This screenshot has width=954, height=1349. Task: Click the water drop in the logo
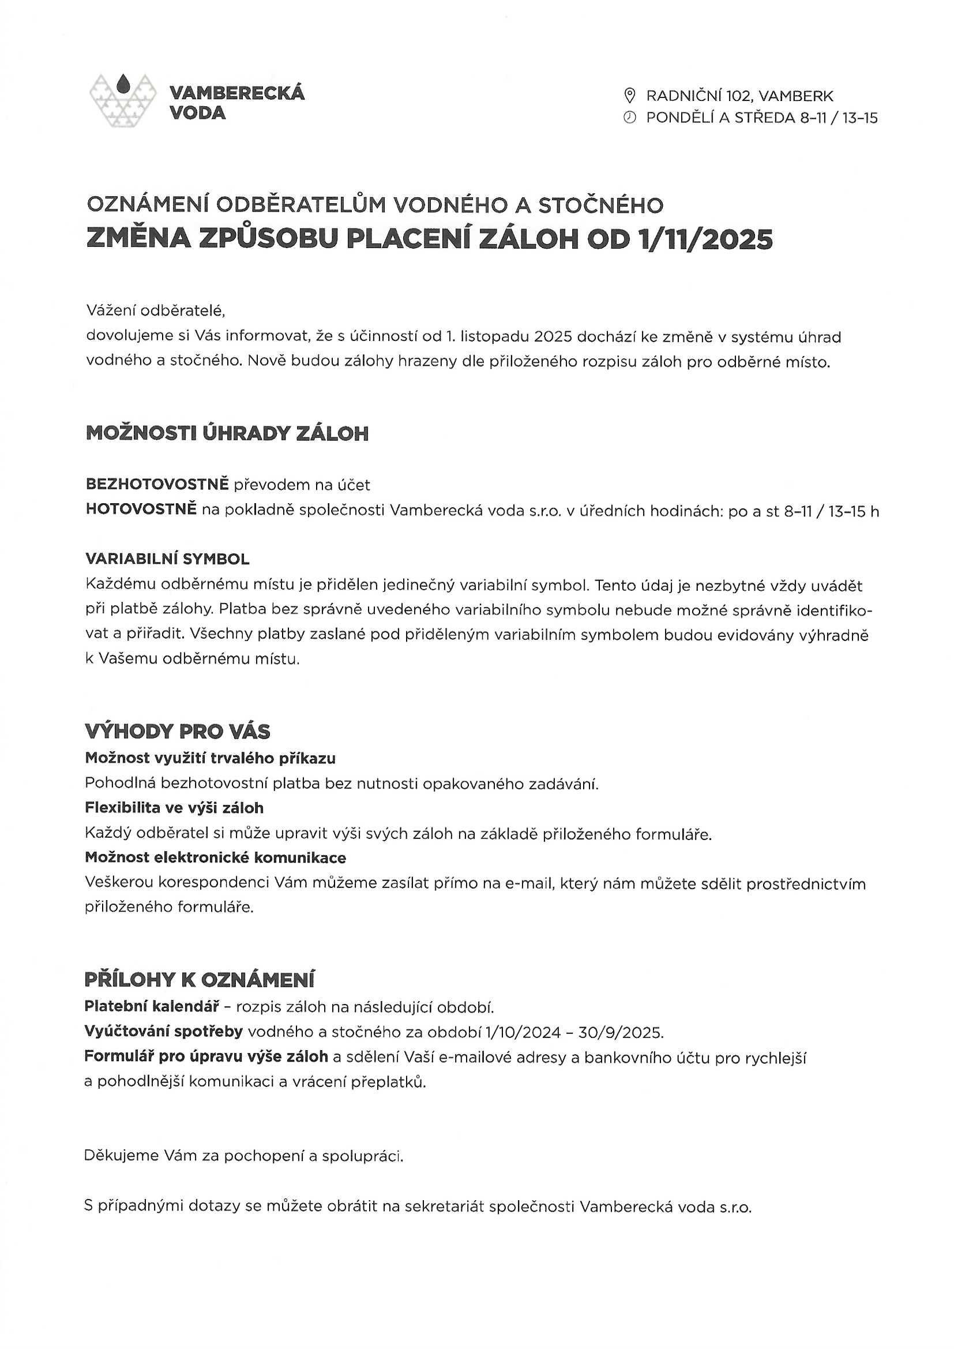[x=123, y=84]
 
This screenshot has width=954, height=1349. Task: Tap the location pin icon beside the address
[x=629, y=95]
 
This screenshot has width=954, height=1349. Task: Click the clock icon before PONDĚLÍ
[x=629, y=118]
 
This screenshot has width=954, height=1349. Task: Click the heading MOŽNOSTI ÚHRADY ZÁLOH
[x=227, y=434]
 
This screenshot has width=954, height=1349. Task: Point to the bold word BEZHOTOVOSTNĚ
[x=157, y=484]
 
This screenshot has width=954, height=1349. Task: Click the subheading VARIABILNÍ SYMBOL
[x=167, y=559]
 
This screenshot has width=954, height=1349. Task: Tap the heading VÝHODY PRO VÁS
[x=178, y=732]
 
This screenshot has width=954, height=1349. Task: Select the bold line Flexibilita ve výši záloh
[x=174, y=808]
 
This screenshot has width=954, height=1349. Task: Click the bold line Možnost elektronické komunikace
[x=216, y=858]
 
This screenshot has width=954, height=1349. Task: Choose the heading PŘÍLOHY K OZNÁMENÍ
[x=199, y=980]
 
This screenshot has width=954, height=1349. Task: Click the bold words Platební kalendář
[x=152, y=1006]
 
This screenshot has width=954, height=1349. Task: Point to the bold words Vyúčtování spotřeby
[x=164, y=1032]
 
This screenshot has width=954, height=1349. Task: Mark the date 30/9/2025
[x=621, y=1032]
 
